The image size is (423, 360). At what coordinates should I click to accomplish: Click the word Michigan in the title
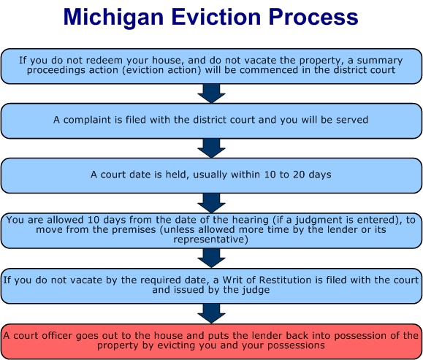(x=113, y=18)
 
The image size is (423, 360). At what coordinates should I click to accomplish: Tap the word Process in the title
(x=313, y=17)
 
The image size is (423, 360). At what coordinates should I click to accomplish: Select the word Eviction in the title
(x=216, y=17)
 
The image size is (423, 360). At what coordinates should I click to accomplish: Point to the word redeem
(x=107, y=60)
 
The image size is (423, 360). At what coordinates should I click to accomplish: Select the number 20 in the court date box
(x=299, y=175)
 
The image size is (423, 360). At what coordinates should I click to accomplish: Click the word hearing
(x=251, y=220)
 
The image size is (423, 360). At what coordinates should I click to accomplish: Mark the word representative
(x=210, y=240)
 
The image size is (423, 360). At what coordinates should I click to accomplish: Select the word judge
(x=256, y=291)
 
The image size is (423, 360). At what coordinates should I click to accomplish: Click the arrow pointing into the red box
(x=212, y=313)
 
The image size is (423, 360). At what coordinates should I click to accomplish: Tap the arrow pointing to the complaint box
(x=212, y=93)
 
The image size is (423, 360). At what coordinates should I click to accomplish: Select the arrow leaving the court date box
(x=212, y=203)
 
